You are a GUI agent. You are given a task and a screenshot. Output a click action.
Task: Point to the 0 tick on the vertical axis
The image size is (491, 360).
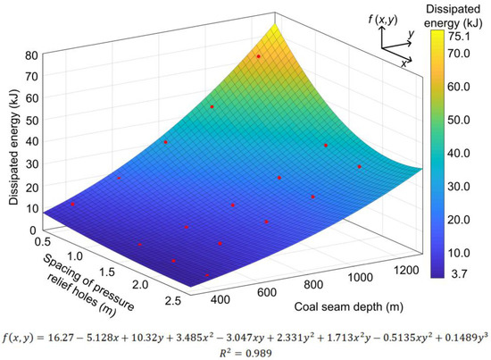point(32,229)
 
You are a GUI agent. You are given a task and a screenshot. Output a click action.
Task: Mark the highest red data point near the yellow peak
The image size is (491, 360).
point(259,56)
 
